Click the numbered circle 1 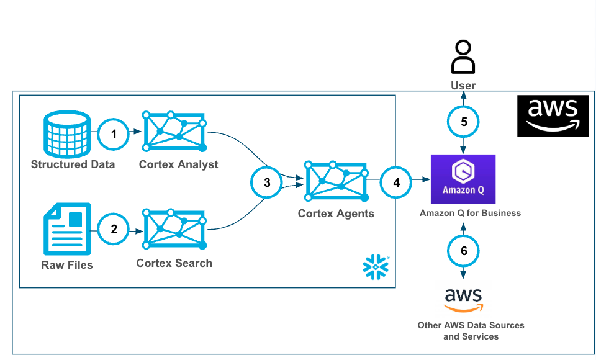coord(114,133)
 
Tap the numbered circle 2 coord(114,228)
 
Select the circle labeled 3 coord(267,182)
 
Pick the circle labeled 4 coord(397,182)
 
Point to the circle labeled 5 coord(464,122)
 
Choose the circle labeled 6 coord(464,251)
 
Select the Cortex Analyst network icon coord(174,132)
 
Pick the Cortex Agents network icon coord(336,181)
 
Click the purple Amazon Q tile coord(463,179)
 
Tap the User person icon coord(463,58)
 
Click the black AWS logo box coord(553,116)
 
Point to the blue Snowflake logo coord(375,266)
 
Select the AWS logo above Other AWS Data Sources coord(464,300)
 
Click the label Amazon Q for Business coord(470,213)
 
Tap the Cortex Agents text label coord(336,214)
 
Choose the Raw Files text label coord(67,265)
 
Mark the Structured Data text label coord(73,164)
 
